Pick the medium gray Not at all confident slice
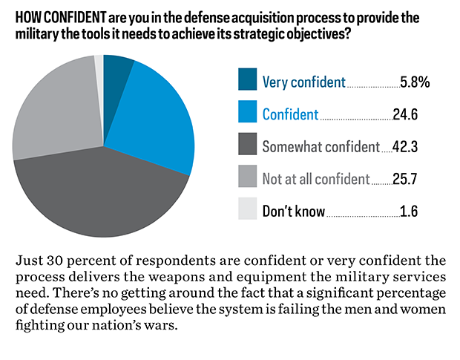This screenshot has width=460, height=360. [52, 111]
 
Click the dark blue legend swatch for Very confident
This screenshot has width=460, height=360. [247, 80]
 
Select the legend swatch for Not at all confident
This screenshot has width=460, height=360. [247, 178]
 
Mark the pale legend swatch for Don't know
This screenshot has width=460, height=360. [247, 211]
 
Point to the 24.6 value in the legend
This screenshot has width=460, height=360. [405, 114]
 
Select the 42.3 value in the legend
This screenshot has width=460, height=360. [405, 147]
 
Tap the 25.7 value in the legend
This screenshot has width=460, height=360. [405, 179]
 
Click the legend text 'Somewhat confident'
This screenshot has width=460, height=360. [321, 147]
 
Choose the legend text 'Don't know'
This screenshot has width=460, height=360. [294, 212]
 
